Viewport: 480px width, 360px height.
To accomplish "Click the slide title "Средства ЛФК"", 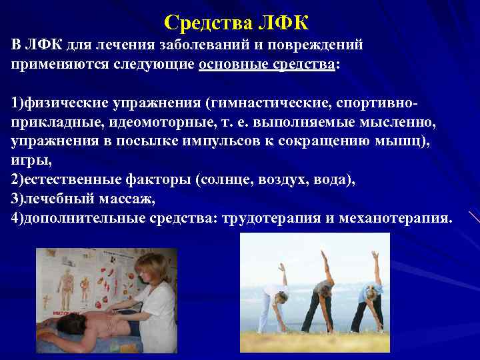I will coord(237,23).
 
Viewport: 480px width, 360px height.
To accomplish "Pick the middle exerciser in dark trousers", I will coord(320,293).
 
